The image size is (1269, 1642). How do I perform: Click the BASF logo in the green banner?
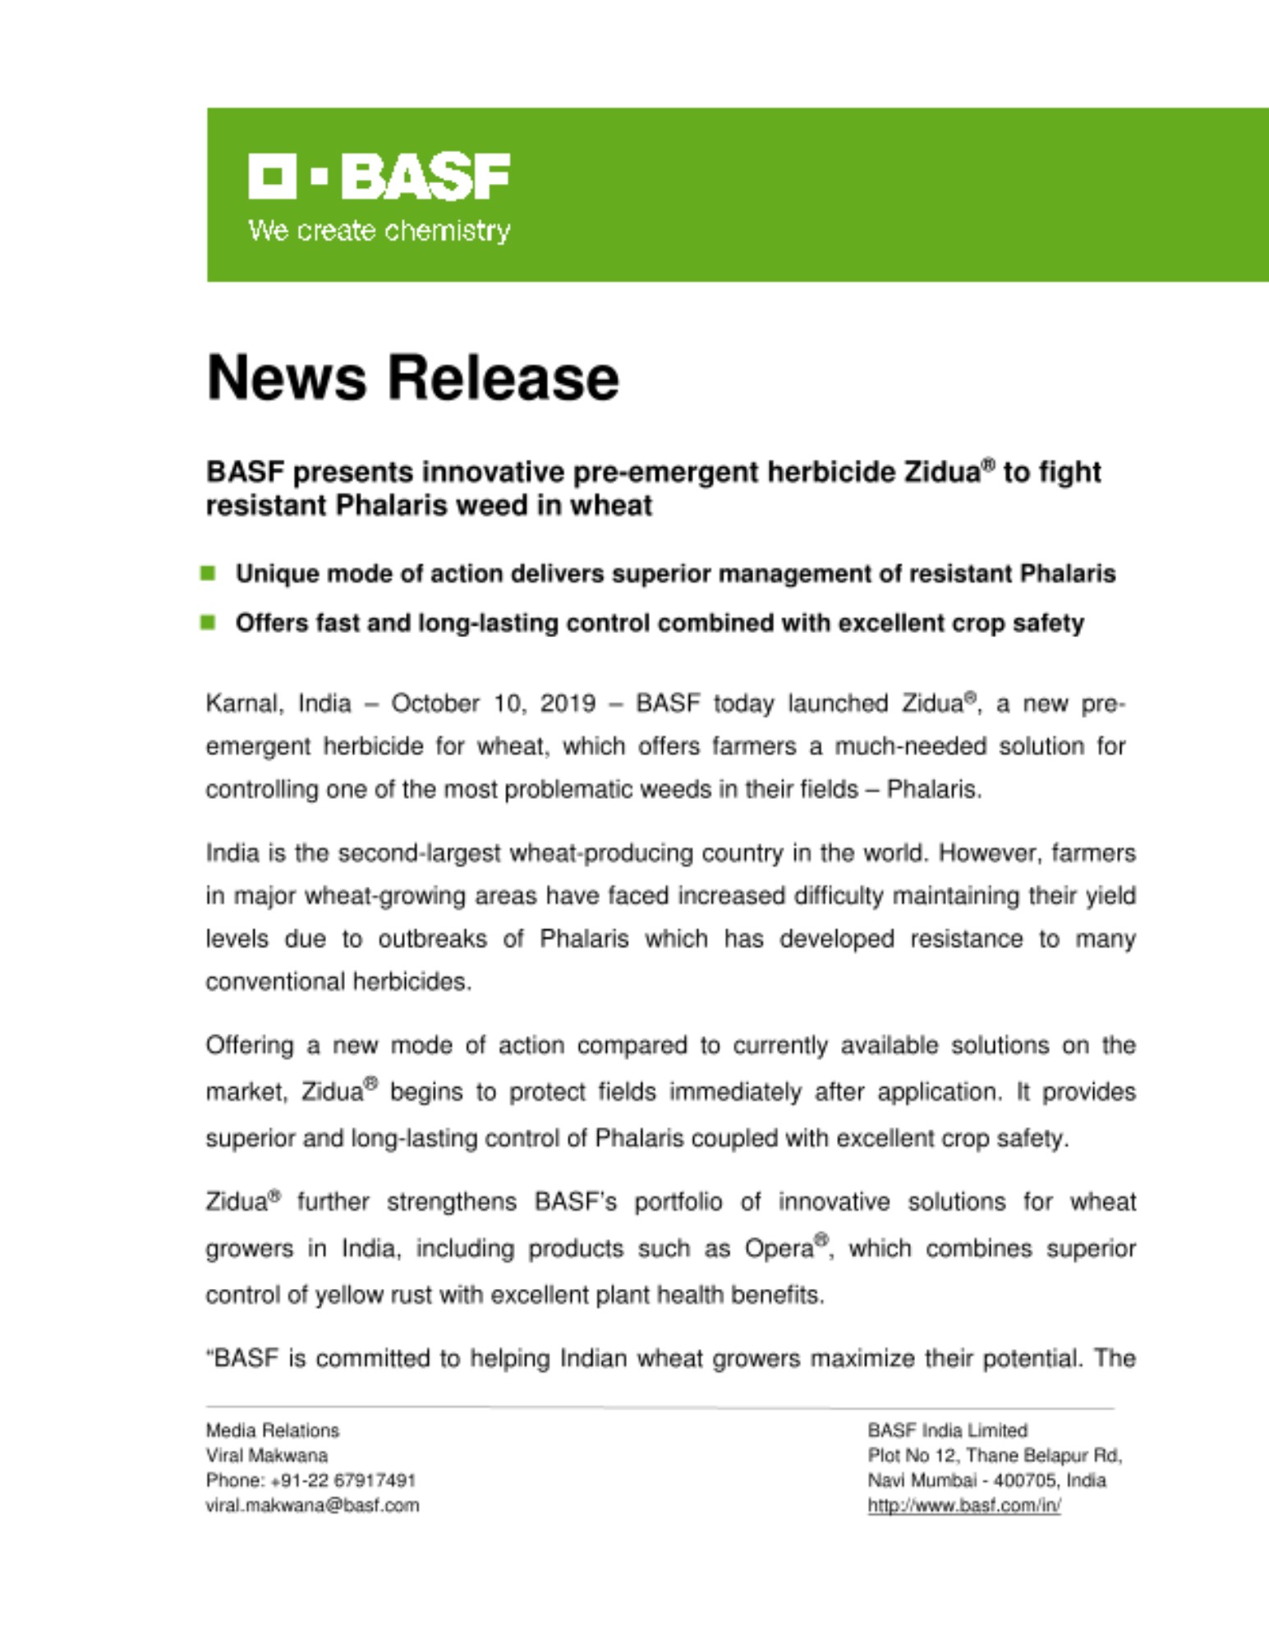(x=379, y=176)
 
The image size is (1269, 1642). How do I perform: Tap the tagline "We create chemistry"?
(x=379, y=231)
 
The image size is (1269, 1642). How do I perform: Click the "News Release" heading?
(x=412, y=378)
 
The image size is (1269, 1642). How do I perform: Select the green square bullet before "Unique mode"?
(x=209, y=573)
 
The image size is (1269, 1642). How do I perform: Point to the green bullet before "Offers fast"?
(x=209, y=622)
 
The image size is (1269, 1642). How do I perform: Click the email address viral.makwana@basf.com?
(x=312, y=1506)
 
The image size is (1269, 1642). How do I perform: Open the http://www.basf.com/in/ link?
(x=963, y=1506)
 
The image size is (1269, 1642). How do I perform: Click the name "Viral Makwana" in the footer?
(x=266, y=1456)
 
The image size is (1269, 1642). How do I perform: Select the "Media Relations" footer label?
(x=272, y=1430)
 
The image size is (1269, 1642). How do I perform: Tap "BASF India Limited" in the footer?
(x=947, y=1430)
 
